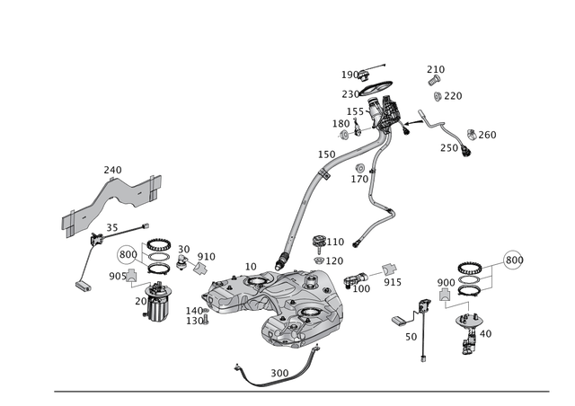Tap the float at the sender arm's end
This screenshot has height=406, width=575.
coord(82,285)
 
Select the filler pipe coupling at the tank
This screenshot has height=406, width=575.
coord(283,261)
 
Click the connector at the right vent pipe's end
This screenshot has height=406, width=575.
coord(356,240)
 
